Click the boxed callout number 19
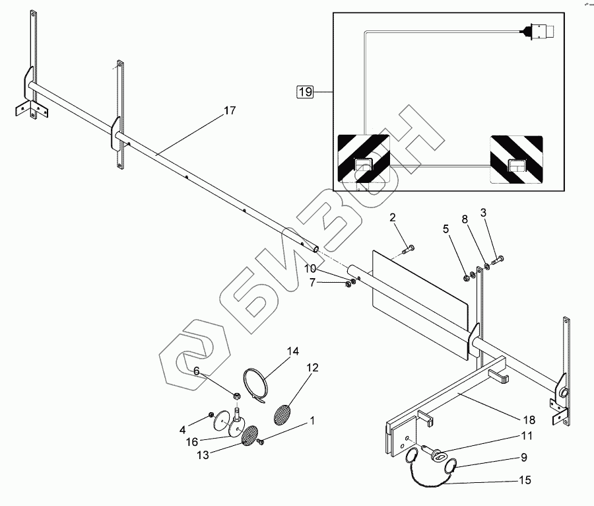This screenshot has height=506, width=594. (x=304, y=92)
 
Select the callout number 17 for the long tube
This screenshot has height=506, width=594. (x=229, y=110)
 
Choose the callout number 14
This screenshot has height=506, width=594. (x=292, y=350)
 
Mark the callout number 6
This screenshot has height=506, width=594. (x=196, y=372)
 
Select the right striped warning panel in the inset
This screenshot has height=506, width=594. (x=515, y=160)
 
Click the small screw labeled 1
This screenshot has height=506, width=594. (x=261, y=441)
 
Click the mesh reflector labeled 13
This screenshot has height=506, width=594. (x=250, y=435)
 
